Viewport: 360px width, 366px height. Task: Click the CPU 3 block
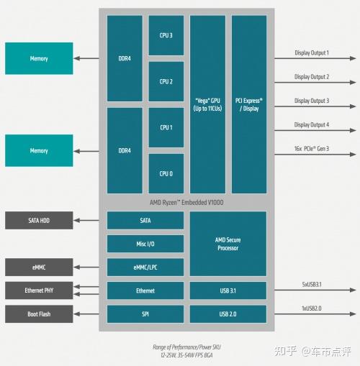166,35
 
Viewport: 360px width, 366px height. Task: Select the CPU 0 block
166,173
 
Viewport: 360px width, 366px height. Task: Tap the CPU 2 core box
166,81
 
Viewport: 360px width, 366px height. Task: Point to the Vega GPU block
208,104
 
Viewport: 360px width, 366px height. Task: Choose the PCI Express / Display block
249,104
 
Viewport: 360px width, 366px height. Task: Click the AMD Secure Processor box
228,244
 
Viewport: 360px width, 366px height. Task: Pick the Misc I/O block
145,244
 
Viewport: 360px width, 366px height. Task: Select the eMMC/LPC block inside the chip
145,267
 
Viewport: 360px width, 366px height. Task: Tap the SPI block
145,314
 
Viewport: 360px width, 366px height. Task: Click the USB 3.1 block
228,290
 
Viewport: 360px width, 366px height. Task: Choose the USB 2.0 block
228,314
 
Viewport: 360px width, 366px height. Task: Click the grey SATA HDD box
39,220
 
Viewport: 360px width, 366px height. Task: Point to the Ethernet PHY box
39,290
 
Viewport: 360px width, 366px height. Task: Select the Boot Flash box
39,314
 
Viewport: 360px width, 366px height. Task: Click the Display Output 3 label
312,101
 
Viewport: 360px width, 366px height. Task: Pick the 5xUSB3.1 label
312,285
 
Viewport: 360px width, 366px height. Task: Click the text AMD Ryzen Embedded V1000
186,203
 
